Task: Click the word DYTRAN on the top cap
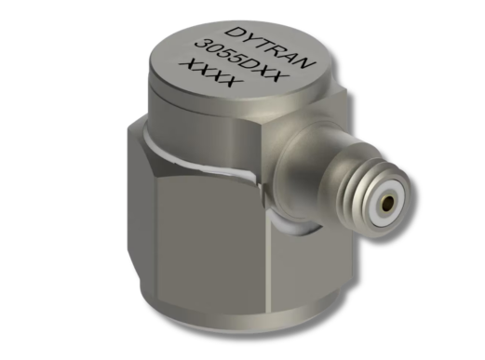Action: (x=269, y=47)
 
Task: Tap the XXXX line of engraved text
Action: (x=211, y=73)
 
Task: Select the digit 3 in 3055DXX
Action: (x=201, y=44)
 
